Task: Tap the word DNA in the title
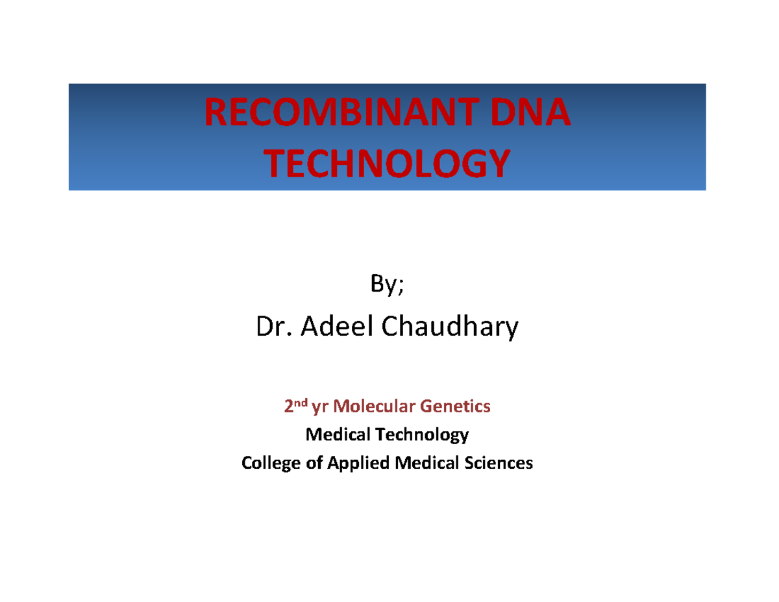[530, 112]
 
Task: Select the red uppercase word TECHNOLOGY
[387, 163]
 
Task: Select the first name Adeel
[337, 325]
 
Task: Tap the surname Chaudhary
[449, 327]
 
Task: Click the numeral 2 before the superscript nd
[289, 407]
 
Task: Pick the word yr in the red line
[320, 408]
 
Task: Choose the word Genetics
[455, 407]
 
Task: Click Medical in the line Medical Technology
[338, 434]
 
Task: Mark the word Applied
[358, 464]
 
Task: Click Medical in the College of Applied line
[427, 463]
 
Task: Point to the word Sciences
[499, 463]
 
